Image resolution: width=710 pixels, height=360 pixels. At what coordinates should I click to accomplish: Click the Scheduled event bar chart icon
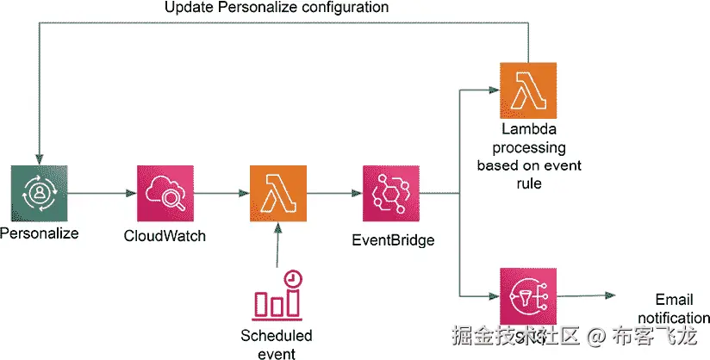[x=277, y=297]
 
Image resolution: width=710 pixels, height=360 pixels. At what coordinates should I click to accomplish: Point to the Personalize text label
[x=39, y=233]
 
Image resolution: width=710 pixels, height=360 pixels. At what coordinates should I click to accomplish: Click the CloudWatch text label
[x=165, y=235]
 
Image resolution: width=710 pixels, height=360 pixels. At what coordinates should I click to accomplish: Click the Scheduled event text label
[x=277, y=344]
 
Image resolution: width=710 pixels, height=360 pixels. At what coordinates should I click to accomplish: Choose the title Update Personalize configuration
[x=276, y=8]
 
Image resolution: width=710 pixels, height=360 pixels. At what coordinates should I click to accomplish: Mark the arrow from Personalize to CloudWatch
[x=101, y=194]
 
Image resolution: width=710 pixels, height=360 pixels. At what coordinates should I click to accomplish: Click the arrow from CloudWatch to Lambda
[x=221, y=194]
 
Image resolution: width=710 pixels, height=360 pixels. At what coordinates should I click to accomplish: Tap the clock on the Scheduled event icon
[x=294, y=279]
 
